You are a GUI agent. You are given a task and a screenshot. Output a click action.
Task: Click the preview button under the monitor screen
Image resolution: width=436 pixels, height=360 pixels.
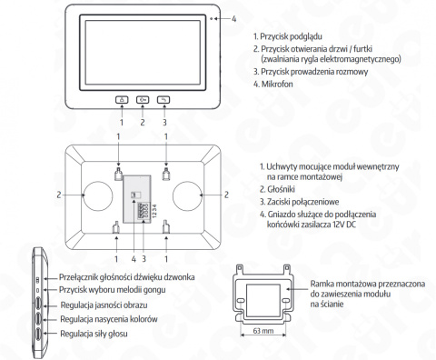pos(122,99)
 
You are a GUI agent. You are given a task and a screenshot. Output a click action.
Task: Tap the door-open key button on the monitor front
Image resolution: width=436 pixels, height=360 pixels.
pos(143,99)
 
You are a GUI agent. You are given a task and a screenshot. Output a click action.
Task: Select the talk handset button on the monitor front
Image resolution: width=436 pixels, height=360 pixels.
pos(163,99)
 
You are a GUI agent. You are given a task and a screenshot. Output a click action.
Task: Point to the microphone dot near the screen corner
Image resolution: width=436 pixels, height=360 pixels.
pos(211,19)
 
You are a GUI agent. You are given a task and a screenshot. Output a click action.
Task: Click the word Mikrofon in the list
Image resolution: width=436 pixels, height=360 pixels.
pos(277,84)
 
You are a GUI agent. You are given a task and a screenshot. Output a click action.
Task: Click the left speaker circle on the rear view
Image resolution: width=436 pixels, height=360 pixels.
pos(98,195)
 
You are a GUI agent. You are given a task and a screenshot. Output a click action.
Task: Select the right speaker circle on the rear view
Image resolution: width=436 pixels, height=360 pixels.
pos(187,195)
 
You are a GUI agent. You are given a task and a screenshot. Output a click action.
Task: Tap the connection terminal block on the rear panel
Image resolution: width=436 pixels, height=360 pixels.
pos(143,211)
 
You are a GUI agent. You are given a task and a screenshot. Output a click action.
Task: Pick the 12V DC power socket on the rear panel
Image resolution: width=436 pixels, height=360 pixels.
pos(134,195)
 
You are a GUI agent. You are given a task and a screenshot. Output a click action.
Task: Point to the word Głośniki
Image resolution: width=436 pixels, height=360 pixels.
pos(281,189)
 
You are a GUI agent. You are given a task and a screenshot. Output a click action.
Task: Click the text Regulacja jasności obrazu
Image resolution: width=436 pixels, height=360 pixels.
pos(104,305)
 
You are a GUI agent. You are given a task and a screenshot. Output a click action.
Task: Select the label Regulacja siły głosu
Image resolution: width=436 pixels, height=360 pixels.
pos(94,334)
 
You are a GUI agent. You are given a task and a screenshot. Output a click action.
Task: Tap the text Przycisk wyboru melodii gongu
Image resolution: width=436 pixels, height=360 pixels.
pos(113,290)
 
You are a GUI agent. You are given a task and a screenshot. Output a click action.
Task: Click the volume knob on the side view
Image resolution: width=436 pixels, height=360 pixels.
pos(38,334)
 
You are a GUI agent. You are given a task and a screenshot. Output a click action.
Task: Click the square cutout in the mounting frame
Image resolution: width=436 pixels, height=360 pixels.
pos(263,300)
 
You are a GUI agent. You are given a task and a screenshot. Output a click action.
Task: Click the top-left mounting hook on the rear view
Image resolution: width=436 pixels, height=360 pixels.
pos(118,174)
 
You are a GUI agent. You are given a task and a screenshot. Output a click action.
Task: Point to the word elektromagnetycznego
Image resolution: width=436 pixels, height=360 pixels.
pos(361,58)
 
